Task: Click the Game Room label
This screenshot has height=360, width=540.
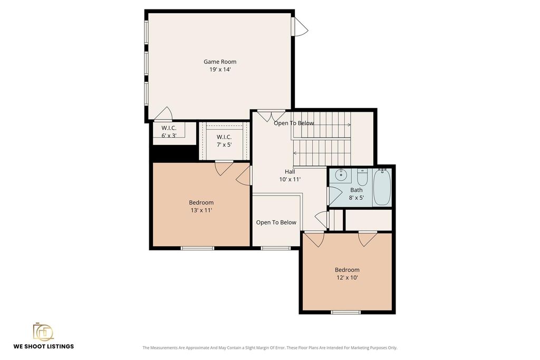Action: pos(220,62)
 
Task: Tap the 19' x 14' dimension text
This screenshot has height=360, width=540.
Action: pos(220,69)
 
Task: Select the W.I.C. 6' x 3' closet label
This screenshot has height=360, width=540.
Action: pos(169,131)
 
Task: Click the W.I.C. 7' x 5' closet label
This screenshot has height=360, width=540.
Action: pos(224,141)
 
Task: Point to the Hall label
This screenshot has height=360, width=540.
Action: pos(290,171)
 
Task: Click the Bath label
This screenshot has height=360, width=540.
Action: pos(356,190)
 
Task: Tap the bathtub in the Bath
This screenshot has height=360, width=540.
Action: pos(382,187)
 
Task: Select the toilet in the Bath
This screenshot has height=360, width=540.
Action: pos(362,177)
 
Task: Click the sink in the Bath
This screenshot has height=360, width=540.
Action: pos(341,175)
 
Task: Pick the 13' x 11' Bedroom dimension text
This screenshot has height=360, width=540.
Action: pos(201,210)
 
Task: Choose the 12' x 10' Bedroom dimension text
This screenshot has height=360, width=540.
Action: pos(347,277)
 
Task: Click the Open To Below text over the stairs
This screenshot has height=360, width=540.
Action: pos(294,123)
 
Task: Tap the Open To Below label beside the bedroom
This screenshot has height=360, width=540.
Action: pos(276,222)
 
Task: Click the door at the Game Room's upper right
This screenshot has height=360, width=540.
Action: pos(300,26)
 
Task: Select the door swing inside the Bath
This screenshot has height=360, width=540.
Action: pos(335,196)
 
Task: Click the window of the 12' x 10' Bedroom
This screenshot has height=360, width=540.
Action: pos(346,312)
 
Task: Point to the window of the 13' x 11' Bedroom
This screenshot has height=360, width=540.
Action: pos(198,248)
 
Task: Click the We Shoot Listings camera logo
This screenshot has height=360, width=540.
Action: pos(43,332)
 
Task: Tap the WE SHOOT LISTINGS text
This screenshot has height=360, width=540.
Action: pos(44,346)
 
